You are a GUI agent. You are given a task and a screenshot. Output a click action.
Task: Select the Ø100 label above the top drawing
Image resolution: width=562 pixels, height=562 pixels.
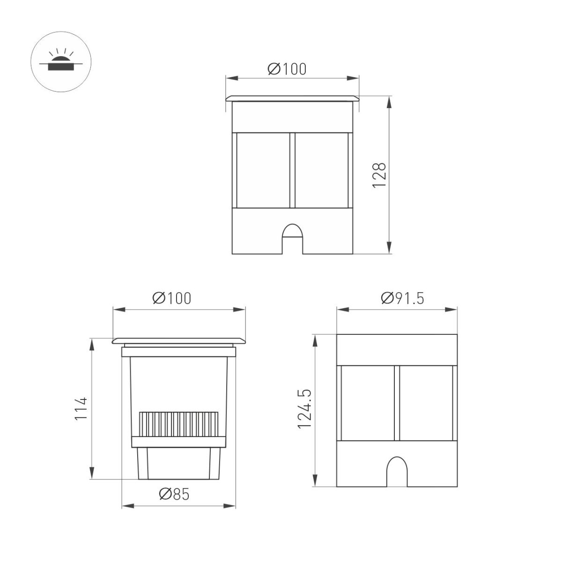pyautogui.click(x=287, y=69)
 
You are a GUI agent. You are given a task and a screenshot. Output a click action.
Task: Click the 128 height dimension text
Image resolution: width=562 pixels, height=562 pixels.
pyautogui.click(x=379, y=175)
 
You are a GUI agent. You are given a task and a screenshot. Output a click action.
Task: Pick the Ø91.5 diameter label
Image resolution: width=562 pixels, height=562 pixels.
pyautogui.click(x=402, y=298)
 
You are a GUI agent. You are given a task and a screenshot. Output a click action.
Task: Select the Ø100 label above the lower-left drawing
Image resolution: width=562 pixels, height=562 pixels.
pyautogui.click(x=172, y=298)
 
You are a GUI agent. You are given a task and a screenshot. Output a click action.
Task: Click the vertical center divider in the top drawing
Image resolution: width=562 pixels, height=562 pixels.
pyautogui.click(x=292, y=170)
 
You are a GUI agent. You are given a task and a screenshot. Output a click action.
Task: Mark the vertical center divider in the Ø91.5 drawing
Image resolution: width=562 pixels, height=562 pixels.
pyautogui.click(x=397, y=403)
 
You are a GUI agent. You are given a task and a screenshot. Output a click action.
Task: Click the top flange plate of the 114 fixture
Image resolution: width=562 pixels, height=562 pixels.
pyautogui.click(x=178, y=340)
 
